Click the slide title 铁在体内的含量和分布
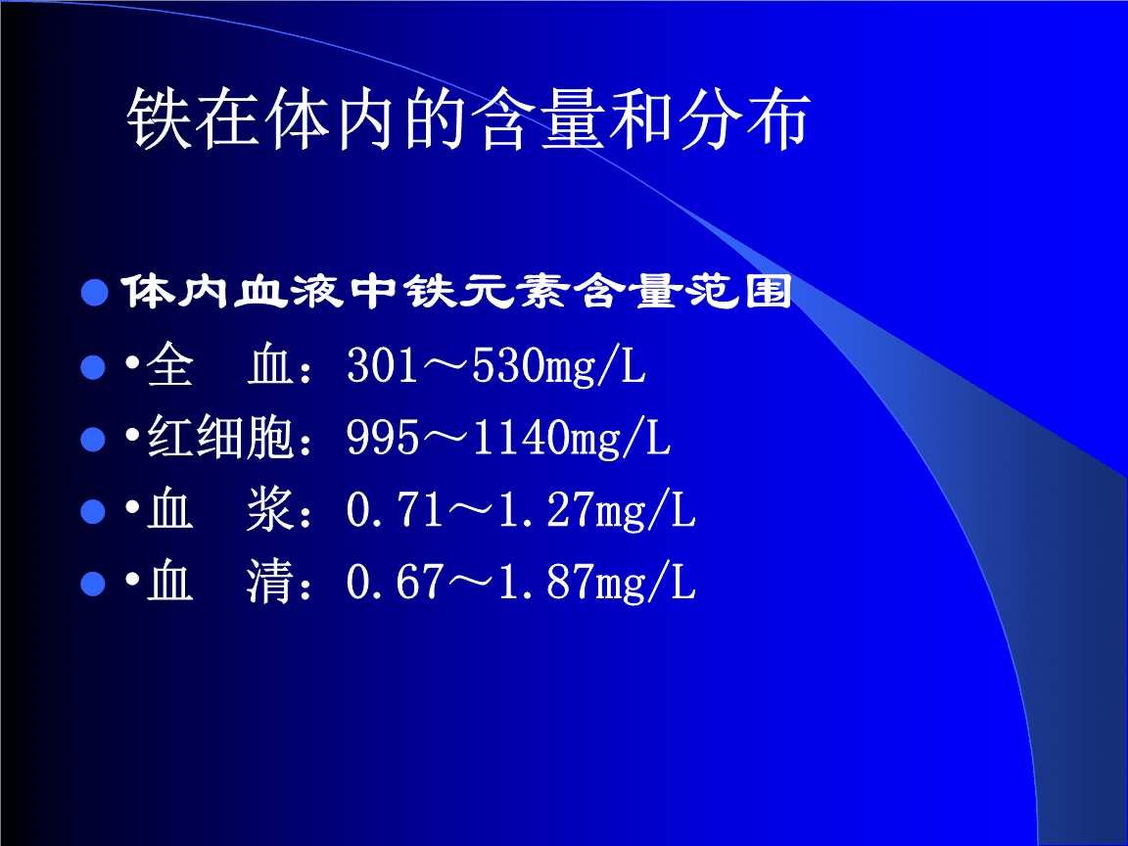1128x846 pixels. click(468, 121)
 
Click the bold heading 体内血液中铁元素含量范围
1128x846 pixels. click(455, 293)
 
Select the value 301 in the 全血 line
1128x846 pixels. click(384, 367)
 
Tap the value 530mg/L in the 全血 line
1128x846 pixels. click(559, 367)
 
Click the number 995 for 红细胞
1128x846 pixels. click(384, 440)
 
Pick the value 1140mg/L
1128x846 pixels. click(572, 440)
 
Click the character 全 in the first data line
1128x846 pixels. click(170, 367)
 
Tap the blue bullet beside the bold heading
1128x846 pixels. click(93, 293)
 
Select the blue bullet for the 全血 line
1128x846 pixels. click(93, 368)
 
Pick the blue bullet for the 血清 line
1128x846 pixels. click(93, 586)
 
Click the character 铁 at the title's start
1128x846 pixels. click(158, 121)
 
